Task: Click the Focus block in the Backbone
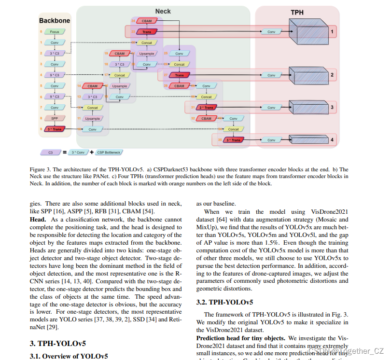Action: (x=55, y=32)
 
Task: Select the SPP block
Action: (x=55, y=118)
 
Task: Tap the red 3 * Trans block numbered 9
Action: (x=55, y=129)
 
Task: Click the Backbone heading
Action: (x=55, y=21)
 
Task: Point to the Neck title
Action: (x=163, y=11)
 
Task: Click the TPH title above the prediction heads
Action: (x=297, y=12)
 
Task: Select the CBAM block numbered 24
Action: (x=146, y=21)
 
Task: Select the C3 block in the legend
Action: (x=51, y=152)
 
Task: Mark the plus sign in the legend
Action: (x=92, y=152)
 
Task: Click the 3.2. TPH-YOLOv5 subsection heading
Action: (x=224, y=303)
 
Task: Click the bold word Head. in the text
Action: (x=40, y=220)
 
